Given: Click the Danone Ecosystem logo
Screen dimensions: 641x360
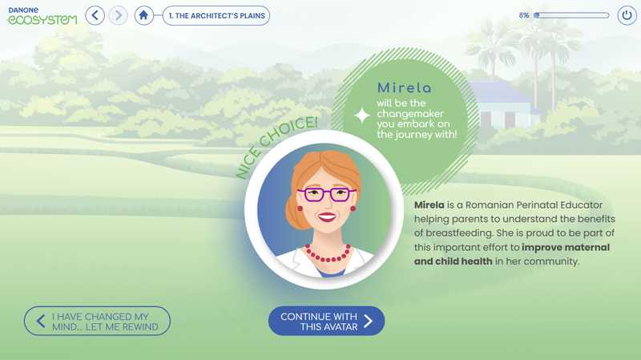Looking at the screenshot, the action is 42,15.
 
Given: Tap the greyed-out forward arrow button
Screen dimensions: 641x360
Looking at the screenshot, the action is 118,15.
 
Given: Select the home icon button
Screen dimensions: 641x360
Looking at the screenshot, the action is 143,15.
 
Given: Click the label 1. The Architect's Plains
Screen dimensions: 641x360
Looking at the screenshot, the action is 216,15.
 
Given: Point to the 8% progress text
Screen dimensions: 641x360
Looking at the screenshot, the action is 524,15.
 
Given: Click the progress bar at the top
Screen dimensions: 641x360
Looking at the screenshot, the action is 571,15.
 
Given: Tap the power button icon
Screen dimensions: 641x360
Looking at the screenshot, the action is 627,15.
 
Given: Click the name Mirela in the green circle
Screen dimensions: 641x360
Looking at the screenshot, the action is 404,87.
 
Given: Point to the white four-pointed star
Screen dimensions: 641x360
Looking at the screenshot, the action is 362,115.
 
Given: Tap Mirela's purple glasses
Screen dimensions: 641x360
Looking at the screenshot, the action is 327,194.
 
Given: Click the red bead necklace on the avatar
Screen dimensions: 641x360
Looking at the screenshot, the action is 328,253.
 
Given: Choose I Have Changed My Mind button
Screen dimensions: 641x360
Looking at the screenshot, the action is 97,322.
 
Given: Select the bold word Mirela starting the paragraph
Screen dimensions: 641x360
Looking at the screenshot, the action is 429,205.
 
